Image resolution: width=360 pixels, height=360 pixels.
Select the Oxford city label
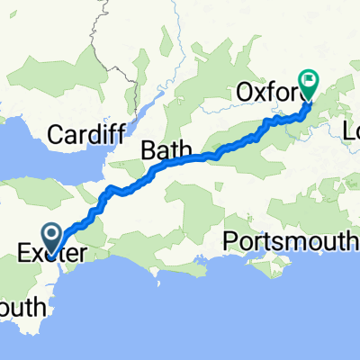pyautogui.click(x=271, y=92)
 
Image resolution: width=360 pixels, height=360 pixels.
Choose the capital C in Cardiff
pyautogui.click(x=55, y=135)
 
